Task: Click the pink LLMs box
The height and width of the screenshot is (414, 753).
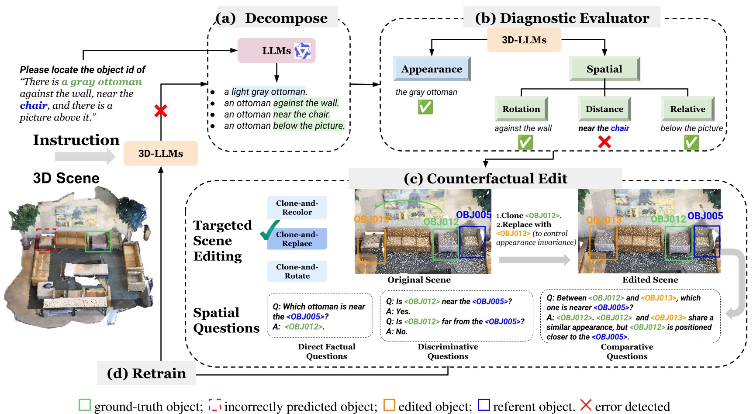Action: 276,51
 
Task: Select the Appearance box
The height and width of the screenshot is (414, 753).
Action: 432,69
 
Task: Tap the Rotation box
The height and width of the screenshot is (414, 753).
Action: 521,109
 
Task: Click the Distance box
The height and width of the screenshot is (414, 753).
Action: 604,109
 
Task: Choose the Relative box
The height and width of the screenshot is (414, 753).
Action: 687,109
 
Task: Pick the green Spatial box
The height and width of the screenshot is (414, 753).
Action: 604,69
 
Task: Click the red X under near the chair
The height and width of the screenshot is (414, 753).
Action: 604,142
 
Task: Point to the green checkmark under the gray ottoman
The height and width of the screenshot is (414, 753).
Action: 425,107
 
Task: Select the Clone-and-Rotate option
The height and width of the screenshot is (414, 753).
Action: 297,271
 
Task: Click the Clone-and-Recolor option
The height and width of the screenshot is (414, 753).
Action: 297,207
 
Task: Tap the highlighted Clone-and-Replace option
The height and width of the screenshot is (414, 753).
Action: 297,239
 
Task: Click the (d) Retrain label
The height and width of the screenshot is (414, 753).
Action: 146,373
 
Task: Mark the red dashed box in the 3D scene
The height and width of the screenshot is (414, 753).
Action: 46,239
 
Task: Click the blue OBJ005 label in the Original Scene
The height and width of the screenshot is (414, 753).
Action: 473,214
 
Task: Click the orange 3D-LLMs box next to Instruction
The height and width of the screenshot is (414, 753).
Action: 160,153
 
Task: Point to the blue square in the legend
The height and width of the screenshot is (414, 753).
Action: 484,405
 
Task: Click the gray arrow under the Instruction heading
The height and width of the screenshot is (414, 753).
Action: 85,156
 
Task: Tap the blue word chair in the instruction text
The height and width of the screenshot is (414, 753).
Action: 33,105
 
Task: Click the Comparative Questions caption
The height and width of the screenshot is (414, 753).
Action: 627,352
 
